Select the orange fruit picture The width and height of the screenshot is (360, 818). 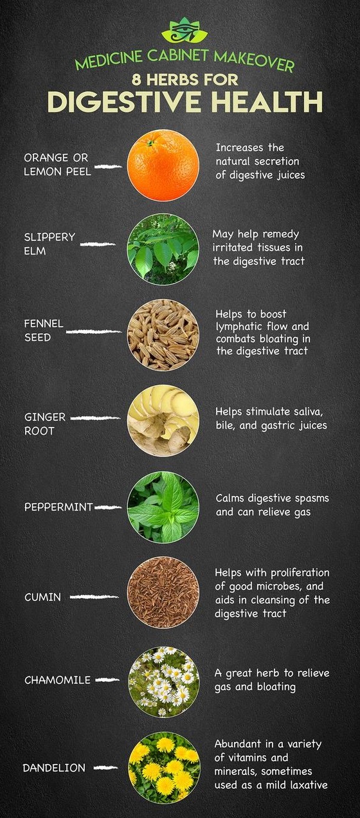[163, 166]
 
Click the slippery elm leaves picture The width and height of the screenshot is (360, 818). [163, 249]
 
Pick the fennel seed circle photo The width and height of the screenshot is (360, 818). [163, 334]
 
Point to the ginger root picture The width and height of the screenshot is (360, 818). [163, 420]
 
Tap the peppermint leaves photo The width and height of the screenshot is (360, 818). [163, 507]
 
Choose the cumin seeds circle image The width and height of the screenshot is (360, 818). [163, 593]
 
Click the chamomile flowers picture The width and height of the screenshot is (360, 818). [163, 681]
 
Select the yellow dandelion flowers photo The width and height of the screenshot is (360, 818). [163, 768]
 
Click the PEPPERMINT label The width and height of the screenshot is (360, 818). [59, 507]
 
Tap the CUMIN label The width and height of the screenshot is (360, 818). [43, 597]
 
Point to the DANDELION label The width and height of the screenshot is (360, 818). [55, 768]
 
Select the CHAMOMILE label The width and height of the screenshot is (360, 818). [57, 680]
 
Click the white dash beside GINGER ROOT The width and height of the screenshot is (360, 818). [95, 418]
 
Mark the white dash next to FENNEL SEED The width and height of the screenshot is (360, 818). [93, 332]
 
